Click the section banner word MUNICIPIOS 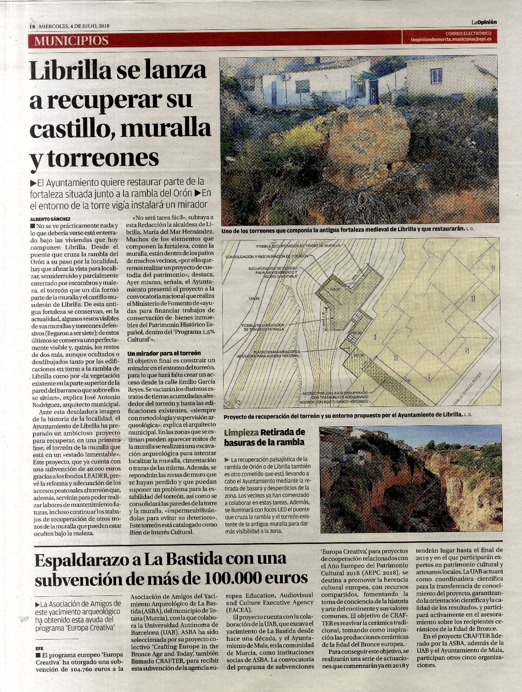pos(71,40)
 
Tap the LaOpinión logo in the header pos(484,22)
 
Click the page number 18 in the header pos(33,26)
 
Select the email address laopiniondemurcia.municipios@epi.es pos(451,40)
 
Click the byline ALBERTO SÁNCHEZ pos(51,219)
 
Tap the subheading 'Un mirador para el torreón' pos(164,354)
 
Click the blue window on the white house pos(436,75)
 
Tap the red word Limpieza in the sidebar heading pos(241,433)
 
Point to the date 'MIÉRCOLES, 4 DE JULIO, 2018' pos(74,26)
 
